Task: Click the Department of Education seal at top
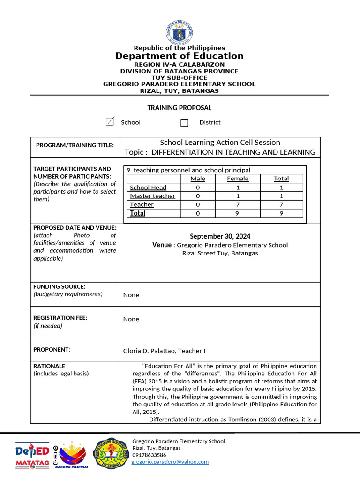[179, 32]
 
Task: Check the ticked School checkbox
[110, 122]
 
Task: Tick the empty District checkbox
[184, 122]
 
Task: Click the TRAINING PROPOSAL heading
[180, 108]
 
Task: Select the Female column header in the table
[238, 179]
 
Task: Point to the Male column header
[198, 179]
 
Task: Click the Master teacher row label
[152, 196]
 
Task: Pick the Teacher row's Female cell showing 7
[238, 204]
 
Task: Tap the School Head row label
[148, 187]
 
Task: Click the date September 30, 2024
[220, 236]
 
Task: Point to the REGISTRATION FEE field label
[60, 318]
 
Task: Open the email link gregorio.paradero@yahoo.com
[170, 462]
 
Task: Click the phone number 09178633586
[149, 455]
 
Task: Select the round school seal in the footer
[111, 453]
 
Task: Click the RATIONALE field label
[49, 366]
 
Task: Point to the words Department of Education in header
[180, 56]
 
